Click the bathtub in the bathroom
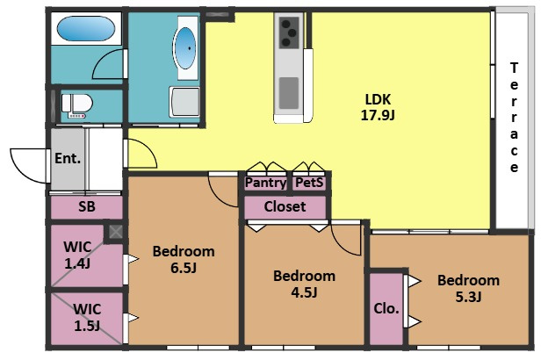click(85, 29)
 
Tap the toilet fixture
click(77, 105)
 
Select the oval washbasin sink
click(185, 48)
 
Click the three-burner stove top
click(289, 32)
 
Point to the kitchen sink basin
click(289, 93)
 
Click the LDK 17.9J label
click(378, 107)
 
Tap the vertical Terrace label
click(514, 118)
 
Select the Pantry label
click(265, 183)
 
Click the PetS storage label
click(309, 183)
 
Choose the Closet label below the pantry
click(285, 206)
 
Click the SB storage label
click(87, 206)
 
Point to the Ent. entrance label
click(68, 158)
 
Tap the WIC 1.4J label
click(77, 256)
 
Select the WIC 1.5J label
click(87, 317)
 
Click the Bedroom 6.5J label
click(184, 259)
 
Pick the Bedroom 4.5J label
click(304, 284)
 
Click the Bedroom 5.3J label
click(469, 288)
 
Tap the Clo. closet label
click(386, 308)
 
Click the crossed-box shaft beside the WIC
click(116, 232)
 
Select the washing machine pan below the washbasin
click(184, 102)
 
